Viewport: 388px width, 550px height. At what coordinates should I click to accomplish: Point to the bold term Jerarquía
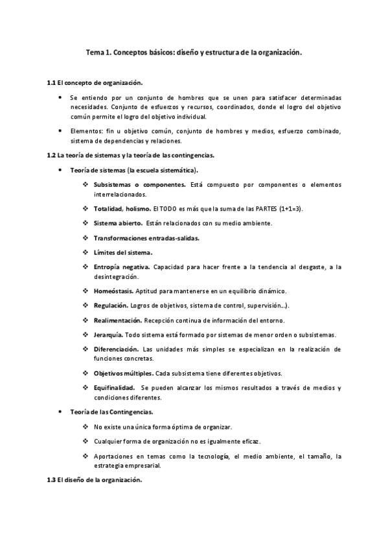108,335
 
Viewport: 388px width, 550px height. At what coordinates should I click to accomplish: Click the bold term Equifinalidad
114,388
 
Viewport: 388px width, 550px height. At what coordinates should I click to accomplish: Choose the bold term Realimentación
117,320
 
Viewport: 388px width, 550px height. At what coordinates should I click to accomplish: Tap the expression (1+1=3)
291,209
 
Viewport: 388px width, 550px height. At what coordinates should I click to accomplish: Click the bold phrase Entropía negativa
122,267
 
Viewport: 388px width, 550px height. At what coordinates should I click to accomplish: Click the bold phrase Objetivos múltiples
124,374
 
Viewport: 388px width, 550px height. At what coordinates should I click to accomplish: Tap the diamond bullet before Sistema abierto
86,223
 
